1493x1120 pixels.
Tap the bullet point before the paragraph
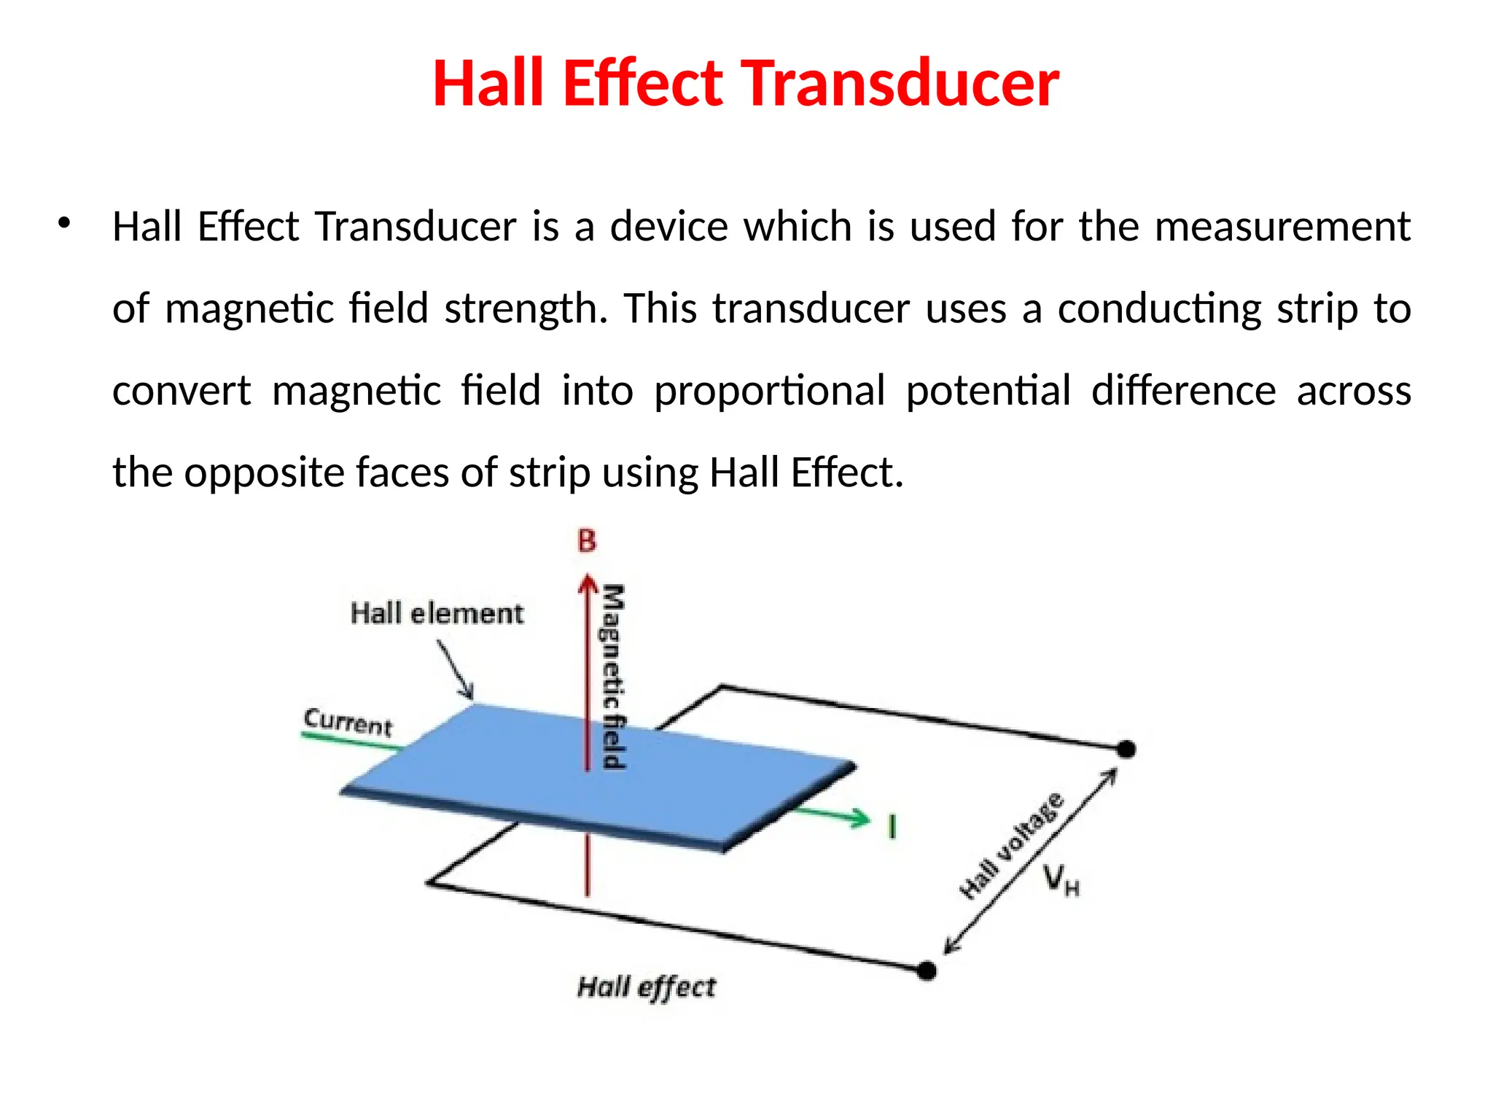coord(64,223)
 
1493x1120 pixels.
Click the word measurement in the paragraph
coord(1282,227)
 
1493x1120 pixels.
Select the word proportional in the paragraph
coord(769,391)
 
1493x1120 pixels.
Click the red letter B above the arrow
coord(587,541)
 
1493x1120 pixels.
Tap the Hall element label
coord(437,613)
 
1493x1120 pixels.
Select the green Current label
coord(348,722)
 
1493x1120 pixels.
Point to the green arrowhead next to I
coord(860,818)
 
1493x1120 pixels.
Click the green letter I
coord(892,827)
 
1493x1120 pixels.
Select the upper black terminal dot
coord(1126,749)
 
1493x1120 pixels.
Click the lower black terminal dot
coord(926,971)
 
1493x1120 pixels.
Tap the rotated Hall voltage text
coord(1012,846)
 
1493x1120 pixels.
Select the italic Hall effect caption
coord(647,987)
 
